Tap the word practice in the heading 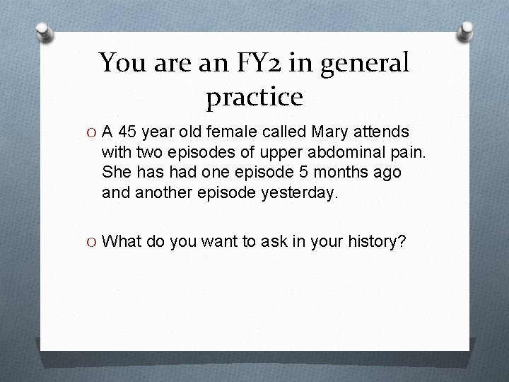[x=255, y=97]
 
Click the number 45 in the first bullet [x=130, y=132]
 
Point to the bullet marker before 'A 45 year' [x=92, y=132]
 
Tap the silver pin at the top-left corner [x=44, y=31]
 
